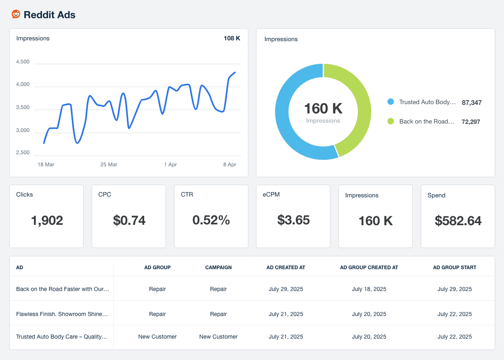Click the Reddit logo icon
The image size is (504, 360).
pos(16,15)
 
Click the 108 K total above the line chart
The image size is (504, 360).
pos(232,38)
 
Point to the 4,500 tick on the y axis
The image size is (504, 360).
pos(23,62)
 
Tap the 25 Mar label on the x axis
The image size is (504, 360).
pos(109,165)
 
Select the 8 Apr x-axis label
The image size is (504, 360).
pos(229,165)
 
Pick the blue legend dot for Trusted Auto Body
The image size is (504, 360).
pos(391,102)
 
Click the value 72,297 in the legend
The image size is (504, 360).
pos(471,121)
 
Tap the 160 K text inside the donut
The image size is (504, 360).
pos(323,109)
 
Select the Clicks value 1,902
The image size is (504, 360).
pos(47,220)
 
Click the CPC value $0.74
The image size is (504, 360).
pos(129,220)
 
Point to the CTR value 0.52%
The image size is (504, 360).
pos(211,220)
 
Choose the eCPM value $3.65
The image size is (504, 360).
pos(294,220)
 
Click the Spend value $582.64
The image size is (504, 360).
pos(458,221)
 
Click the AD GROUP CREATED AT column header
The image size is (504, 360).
pos(369,268)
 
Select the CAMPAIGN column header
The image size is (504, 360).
pos(218,268)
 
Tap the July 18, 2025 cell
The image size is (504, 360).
pos(369,289)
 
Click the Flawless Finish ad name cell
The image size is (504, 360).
pos(62,314)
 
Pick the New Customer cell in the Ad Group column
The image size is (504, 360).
pos(157,337)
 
